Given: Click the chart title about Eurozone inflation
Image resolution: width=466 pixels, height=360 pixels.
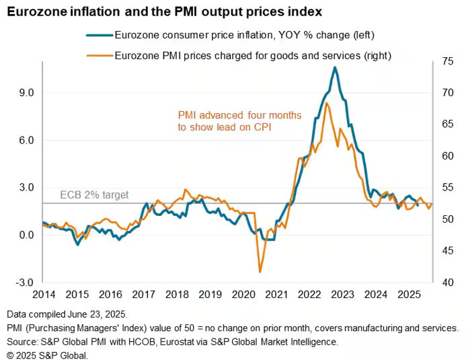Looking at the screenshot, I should point(164,11).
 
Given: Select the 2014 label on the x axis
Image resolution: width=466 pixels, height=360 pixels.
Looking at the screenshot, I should point(43,295).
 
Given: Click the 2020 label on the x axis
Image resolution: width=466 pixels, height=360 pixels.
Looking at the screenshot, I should point(244,295).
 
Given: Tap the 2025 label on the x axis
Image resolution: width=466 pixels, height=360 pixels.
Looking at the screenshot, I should point(410,295).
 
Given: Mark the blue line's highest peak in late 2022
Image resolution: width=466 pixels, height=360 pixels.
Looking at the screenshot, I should point(335,67).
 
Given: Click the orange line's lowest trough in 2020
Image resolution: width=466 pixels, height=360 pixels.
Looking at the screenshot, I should point(260,272).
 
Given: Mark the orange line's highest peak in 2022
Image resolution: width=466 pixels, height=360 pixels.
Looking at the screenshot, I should point(326,103).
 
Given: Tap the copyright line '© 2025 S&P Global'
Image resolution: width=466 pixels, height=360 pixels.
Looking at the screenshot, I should point(47,355).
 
